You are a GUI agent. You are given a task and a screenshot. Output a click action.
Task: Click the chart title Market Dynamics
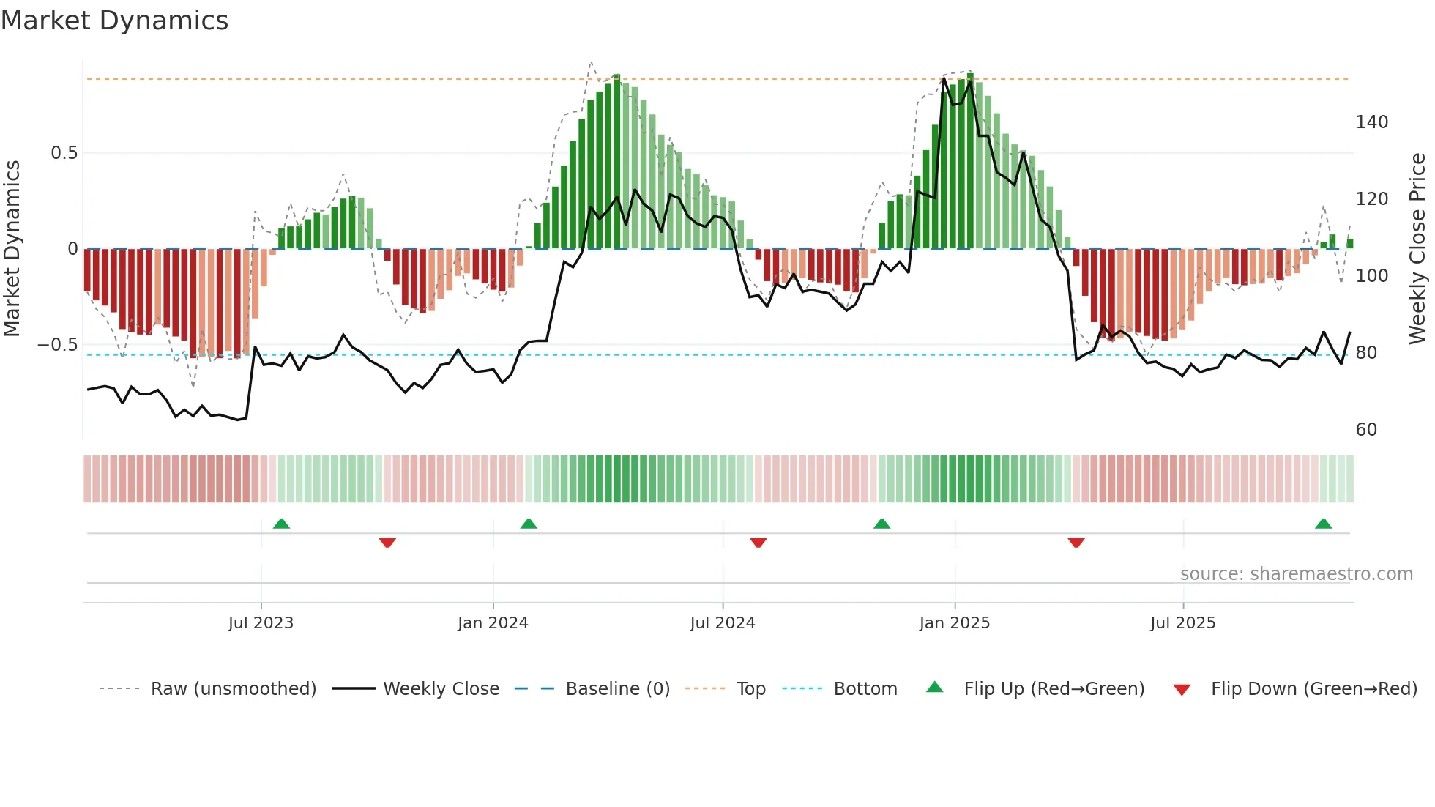click(x=114, y=21)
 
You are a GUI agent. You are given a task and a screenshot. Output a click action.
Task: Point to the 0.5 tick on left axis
click(x=64, y=153)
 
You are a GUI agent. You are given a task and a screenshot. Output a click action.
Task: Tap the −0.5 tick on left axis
click(x=57, y=345)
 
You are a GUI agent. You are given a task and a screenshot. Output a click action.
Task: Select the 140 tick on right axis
click(x=1371, y=122)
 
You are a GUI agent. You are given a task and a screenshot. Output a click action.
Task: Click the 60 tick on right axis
click(x=1365, y=430)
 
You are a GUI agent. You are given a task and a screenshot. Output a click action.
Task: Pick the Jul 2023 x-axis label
click(x=261, y=623)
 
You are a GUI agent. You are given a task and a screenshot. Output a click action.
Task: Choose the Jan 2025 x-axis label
click(x=954, y=623)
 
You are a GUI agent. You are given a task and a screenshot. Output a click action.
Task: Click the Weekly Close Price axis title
click(x=1417, y=249)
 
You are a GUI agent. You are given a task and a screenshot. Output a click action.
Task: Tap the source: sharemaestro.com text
click(x=1296, y=574)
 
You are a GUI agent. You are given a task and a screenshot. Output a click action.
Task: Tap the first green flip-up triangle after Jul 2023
click(x=281, y=524)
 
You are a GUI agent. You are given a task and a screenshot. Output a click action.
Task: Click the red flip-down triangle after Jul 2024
click(x=758, y=543)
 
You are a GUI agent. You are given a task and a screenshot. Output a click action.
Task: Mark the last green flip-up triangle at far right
click(x=1323, y=524)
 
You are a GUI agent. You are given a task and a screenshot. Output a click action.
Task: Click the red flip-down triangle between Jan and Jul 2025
click(x=1076, y=543)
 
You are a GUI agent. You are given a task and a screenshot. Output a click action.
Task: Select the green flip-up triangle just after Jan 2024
click(x=529, y=524)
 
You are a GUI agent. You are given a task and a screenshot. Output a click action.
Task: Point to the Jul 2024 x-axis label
click(x=722, y=623)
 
